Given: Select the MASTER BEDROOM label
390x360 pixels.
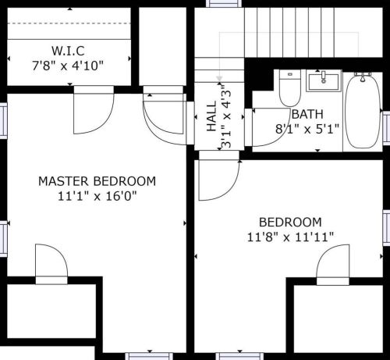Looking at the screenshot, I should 97,181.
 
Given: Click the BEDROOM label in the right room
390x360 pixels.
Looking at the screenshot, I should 290,221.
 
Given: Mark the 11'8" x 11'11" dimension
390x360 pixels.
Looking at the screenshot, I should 290,236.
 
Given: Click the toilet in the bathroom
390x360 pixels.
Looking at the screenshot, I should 290,89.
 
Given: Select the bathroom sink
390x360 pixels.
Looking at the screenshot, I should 321,80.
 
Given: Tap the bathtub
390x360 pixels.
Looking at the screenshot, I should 360,110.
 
